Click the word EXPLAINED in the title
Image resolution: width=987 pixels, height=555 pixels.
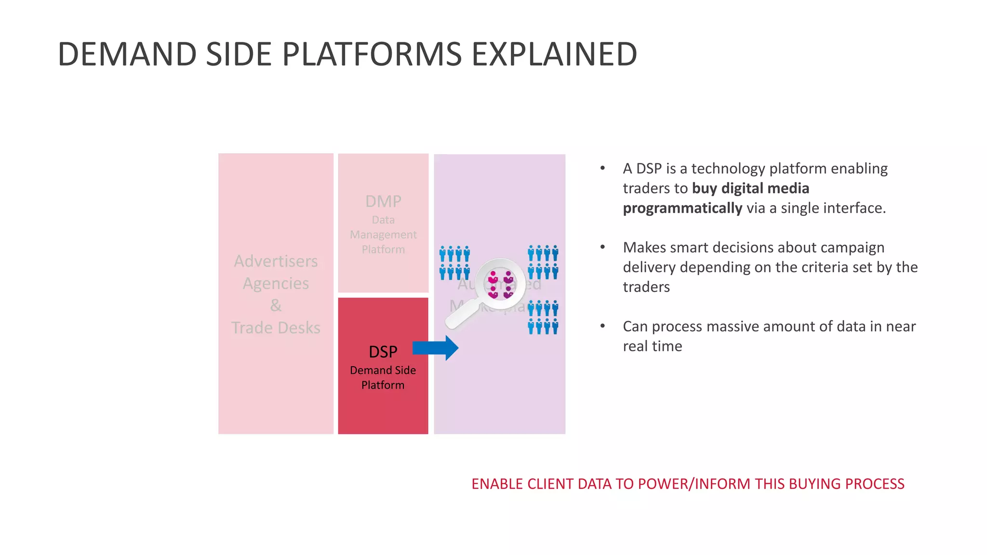tap(554, 54)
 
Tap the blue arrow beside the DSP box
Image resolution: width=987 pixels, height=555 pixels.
tap(435, 348)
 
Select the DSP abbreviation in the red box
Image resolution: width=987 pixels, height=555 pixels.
tap(383, 352)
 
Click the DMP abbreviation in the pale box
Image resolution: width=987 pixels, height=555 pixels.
tap(383, 201)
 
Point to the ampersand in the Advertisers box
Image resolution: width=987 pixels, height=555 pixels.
tap(276, 305)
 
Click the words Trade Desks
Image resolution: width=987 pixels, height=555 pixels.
tap(276, 328)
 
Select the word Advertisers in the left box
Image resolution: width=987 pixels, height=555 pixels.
tap(276, 261)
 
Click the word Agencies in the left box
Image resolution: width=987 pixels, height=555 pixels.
tap(276, 283)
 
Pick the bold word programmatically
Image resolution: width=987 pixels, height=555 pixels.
tap(682, 208)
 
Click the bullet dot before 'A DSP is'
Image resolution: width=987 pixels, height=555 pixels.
tap(602, 168)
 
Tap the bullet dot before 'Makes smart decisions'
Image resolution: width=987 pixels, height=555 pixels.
tap(602, 247)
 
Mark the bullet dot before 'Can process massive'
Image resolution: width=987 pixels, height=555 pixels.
tap(602, 326)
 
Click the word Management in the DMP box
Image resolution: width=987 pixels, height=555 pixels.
tap(383, 235)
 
